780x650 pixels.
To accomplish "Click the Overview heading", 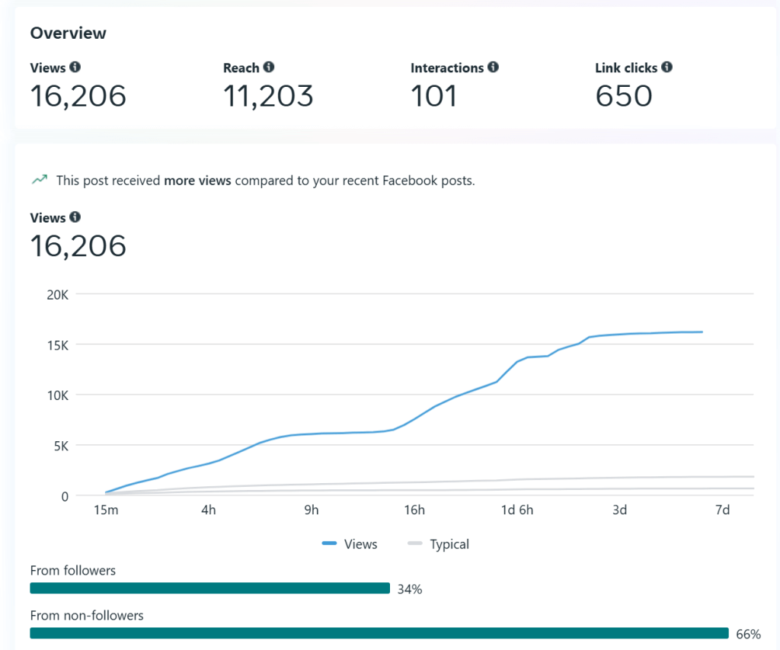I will [x=68, y=34].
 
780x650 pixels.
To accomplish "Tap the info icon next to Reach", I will [x=269, y=68].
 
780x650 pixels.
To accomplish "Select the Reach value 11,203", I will [x=268, y=96].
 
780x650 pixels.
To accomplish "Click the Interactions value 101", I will [x=434, y=96].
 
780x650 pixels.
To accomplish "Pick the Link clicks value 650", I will [x=624, y=96].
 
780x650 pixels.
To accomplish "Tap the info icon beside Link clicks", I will [x=667, y=68].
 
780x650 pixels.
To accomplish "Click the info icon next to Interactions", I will [x=494, y=68].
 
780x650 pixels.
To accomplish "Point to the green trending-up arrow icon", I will [x=39, y=181].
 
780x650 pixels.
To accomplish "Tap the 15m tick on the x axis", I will [x=106, y=510].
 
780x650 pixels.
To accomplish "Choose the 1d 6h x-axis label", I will [x=517, y=510].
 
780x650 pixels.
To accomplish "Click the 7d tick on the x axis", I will [x=723, y=510].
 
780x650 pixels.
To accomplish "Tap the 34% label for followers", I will [x=410, y=589].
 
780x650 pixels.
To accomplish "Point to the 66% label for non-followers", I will [x=748, y=634].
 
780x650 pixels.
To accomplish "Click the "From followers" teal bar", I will [x=209, y=588].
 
